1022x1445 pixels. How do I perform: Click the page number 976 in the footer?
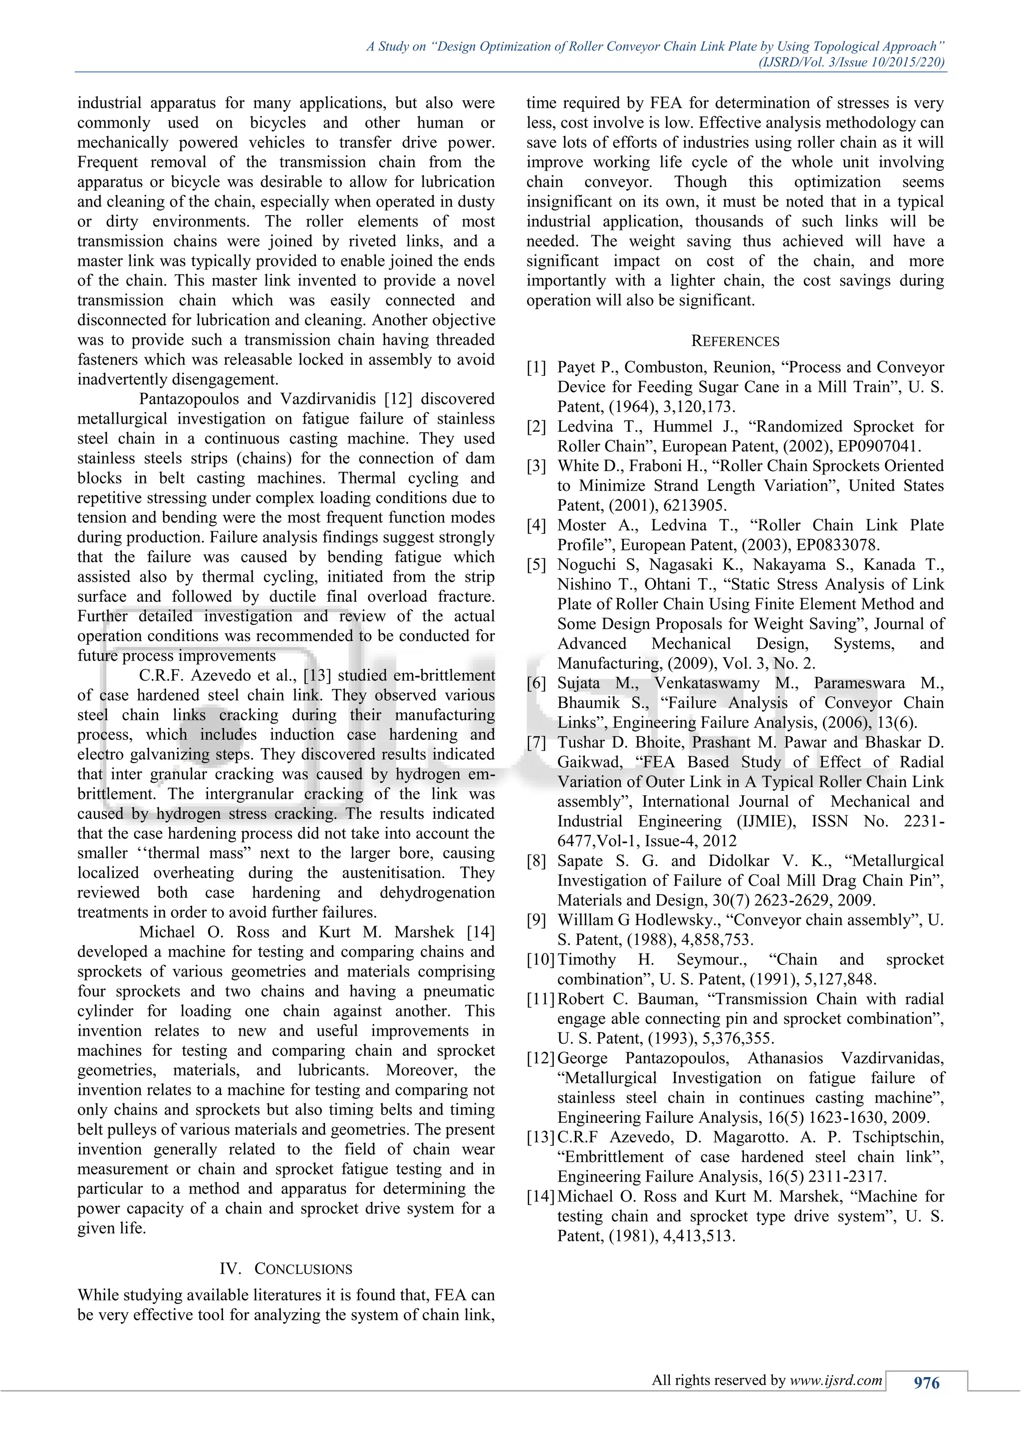pos(926,1382)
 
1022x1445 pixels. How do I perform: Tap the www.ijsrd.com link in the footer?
pos(836,1380)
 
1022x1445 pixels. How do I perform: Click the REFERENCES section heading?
pos(735,341)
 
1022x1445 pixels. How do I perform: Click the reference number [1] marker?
pos(536,368)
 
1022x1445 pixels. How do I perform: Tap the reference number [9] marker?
pos(536,920)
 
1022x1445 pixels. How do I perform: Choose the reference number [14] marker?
pos(540,1197)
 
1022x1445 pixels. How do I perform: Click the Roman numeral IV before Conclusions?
pos(230,1269)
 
